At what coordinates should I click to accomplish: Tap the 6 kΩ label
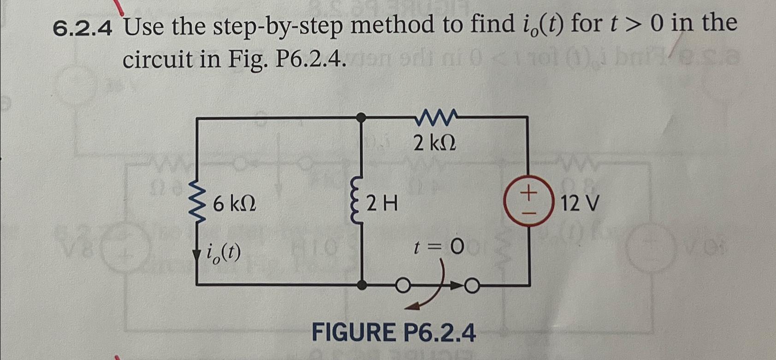pyautogui.click(x=234, y=204)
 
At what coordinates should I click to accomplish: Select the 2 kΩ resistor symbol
pyautogui.click(x=436, y=117)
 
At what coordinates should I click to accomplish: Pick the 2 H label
pyautogui.click(x=383, y=203)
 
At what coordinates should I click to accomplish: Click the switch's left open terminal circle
pyautogui.click(x=402, y=287)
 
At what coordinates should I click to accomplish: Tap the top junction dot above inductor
pyautogui.click(x=362, y=118)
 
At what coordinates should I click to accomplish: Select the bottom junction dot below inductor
pyautogui.click(x=362, y=285)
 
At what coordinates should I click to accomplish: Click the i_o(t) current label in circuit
pyautogui.click(x=224, y=252)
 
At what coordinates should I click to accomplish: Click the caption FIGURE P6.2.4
pyautogui.click(x=394, y=332)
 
